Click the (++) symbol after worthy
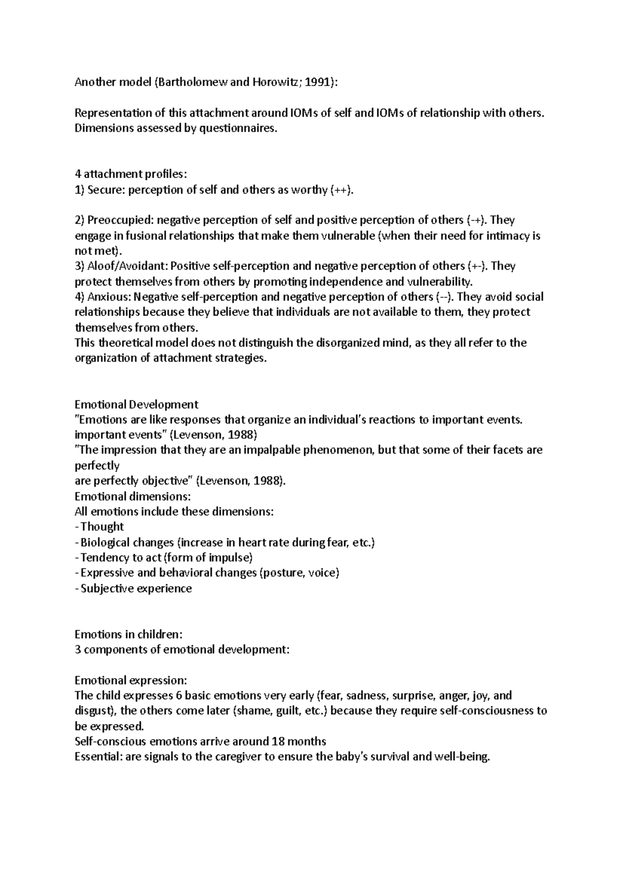pos(342,190)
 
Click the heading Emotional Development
pos(137,404)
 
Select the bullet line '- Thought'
pos(100,527)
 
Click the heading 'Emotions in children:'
pos(129,634)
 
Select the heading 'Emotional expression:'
pos(130,680)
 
